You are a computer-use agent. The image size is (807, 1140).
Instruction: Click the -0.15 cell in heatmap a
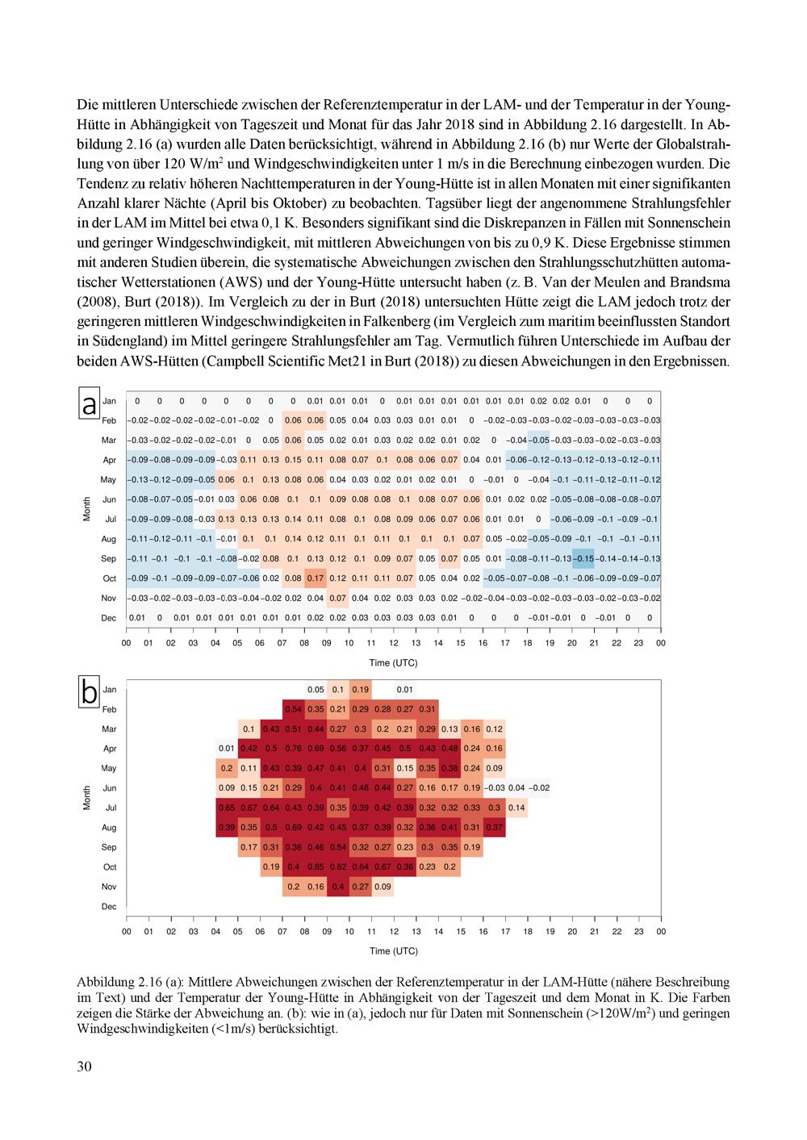pos(583,558)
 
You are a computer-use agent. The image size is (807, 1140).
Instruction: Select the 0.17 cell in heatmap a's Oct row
pos(316,578)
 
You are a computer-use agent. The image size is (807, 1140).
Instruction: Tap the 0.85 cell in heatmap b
pos(316,866)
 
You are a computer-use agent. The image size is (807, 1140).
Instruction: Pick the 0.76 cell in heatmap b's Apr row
pos(293,748)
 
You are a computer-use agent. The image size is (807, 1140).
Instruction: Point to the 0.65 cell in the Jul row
pos(227,808)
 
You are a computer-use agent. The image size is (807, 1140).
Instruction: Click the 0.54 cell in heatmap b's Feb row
pos(293,709)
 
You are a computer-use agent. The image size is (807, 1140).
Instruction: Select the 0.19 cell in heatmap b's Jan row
pos(361,689)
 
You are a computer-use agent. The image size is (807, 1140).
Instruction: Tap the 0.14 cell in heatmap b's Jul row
pos(516,808)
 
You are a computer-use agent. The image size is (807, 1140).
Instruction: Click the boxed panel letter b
pos(89,691)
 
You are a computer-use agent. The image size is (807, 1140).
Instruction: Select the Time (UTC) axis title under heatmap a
pos(393,662)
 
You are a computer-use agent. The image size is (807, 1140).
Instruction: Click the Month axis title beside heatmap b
pos(86,797)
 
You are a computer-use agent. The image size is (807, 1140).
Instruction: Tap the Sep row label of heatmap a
pos(108,558)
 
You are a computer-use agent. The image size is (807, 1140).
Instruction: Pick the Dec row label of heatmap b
pos(109,906)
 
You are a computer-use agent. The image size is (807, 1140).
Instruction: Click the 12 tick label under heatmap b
pos(394,931)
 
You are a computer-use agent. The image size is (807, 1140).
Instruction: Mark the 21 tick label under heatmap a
pos(594,643)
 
